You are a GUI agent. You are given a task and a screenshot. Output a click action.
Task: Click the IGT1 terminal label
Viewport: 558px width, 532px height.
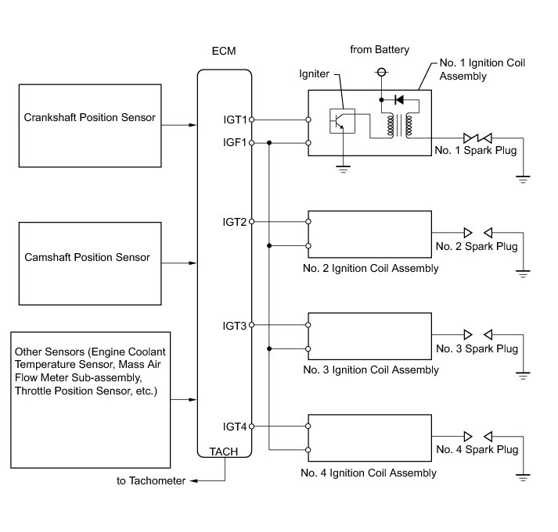[234, 120]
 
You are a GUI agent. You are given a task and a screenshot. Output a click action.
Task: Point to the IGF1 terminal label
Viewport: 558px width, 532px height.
[234, 142]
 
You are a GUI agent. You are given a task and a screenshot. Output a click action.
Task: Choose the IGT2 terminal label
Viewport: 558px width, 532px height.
[234, 222]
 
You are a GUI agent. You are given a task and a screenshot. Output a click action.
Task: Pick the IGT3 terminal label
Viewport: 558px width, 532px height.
[234, 325]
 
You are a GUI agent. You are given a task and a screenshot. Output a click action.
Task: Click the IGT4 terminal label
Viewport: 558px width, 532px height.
[234, 427]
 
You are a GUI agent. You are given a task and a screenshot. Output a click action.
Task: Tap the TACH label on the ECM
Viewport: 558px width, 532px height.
[224, 452]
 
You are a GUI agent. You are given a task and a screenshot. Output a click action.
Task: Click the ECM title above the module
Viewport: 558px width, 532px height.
[224, 52]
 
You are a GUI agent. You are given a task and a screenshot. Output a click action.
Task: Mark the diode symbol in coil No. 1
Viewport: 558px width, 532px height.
[401, 100]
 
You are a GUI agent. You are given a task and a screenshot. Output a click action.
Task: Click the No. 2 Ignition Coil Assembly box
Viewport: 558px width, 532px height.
[369, 234]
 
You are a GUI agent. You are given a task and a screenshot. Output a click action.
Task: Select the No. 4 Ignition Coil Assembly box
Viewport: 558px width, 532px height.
[369, 438]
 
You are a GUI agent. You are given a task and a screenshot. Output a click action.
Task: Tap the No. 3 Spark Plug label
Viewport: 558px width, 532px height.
[477, 348]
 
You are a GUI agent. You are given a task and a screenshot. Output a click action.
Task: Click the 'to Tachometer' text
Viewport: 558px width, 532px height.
[151, 481]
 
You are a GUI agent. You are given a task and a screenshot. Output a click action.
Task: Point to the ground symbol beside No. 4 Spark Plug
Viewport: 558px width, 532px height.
[523, 475]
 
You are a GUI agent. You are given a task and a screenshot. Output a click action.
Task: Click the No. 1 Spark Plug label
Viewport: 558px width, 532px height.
[476, 150]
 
